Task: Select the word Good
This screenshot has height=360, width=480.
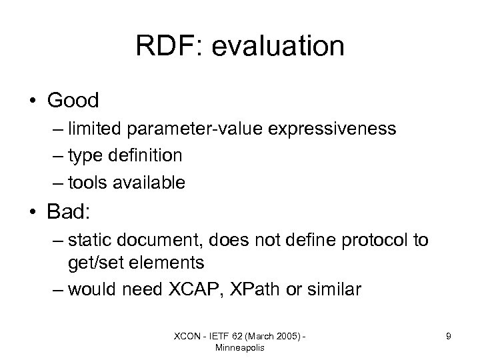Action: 73,101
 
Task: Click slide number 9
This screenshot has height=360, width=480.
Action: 449,337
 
